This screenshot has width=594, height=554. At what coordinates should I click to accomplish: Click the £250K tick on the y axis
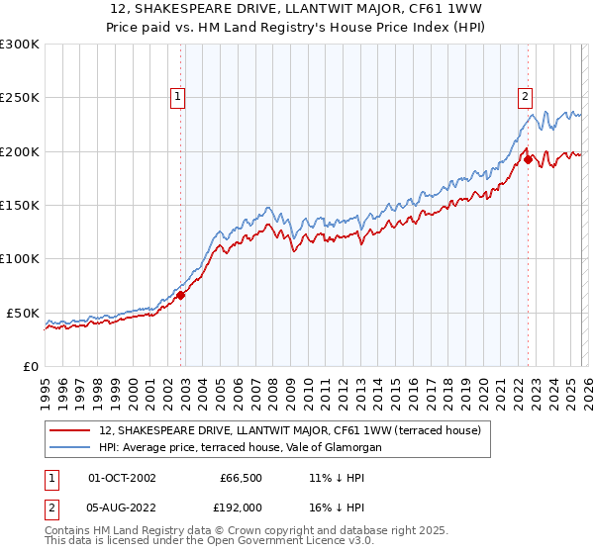(x=19, y=98)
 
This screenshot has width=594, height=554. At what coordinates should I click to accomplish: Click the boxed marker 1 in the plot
(x=177, y=96)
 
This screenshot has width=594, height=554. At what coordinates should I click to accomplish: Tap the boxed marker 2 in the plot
(x=525, y=96)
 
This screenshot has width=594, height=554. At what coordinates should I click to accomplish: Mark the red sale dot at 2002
(x=180, y=295)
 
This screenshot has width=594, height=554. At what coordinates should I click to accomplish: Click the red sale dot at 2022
(x=528, y=159)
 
